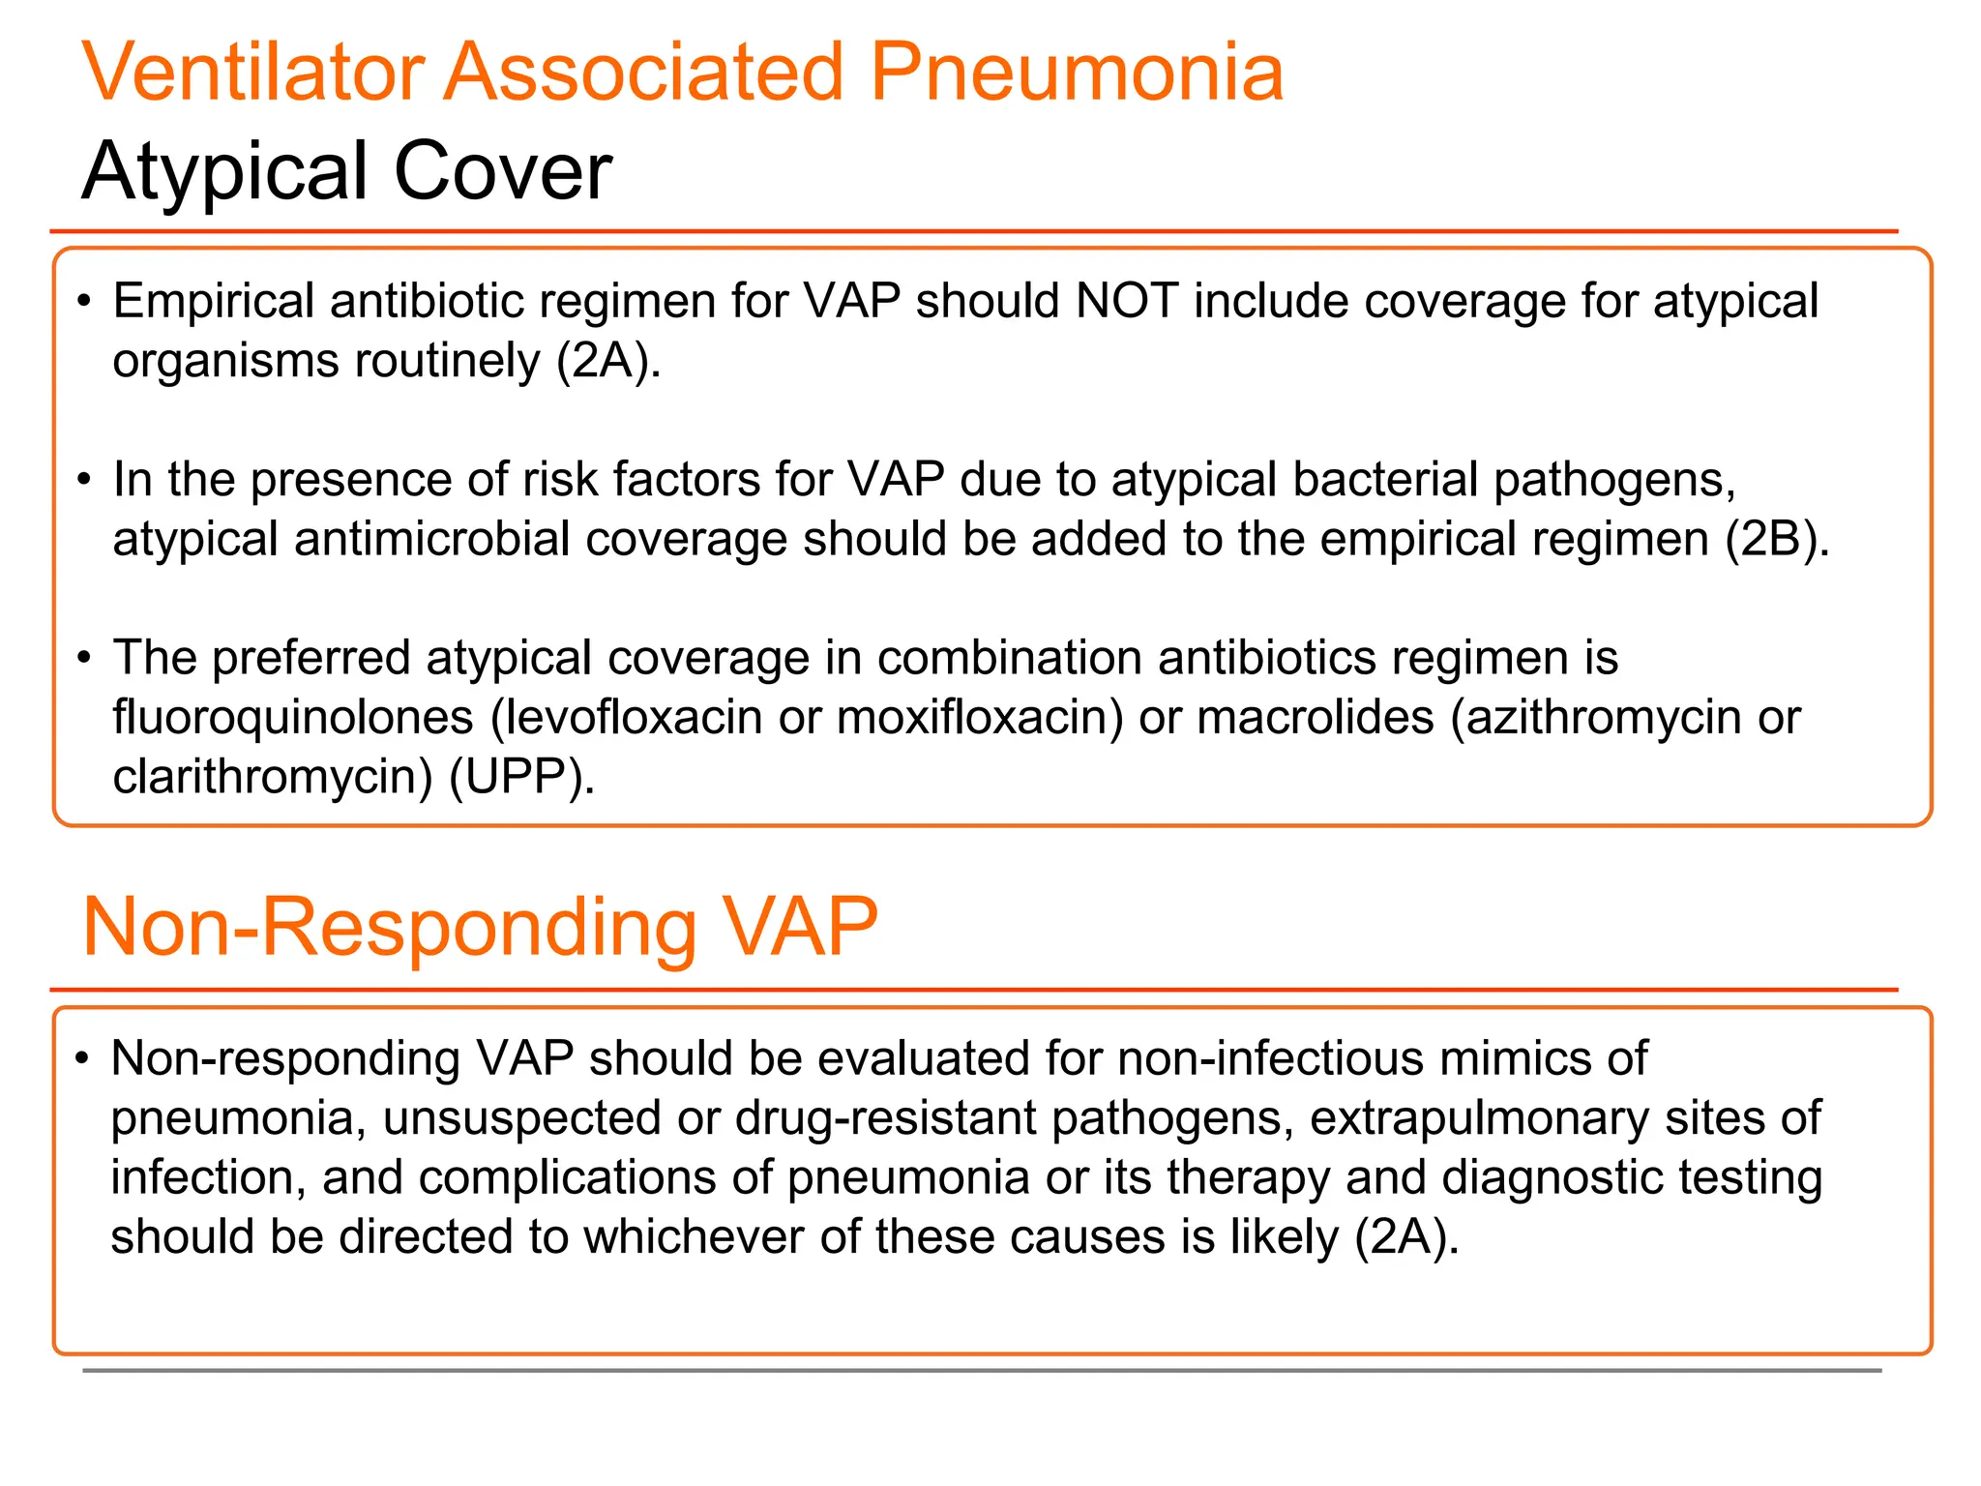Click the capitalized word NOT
tap(1126, 301)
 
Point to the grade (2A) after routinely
tap(608, 361)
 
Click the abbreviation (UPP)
tap(521, 777)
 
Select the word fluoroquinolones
tap(293, 718)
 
